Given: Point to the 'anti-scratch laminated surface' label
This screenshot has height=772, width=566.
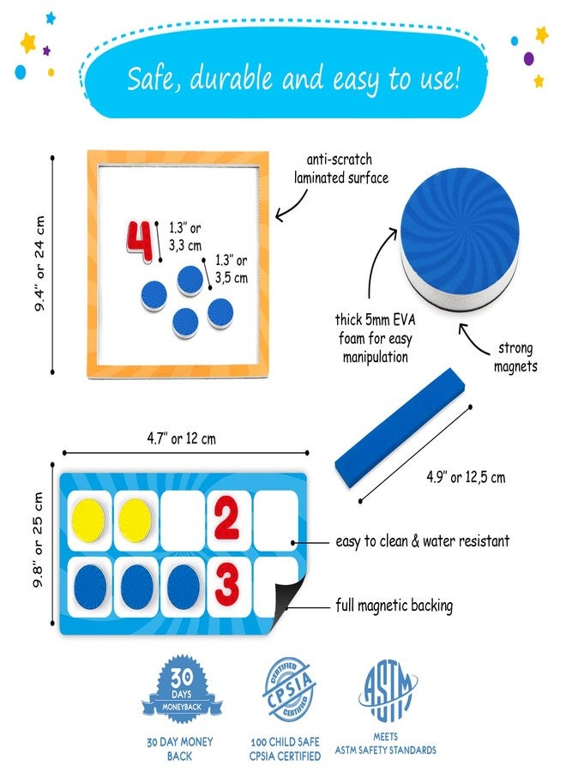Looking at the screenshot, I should pyautogui.click(x=340, y=169).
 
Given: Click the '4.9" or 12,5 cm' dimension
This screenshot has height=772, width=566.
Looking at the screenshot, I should pyautogui.click(x=466, y=477).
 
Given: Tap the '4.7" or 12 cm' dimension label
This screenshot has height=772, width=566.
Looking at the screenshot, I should pyautogui.click(x=183, y=438).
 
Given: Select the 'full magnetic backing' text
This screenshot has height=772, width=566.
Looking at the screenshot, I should pyautogui.click(x=394, y=606).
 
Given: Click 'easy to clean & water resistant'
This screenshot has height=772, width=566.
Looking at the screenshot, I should pyautogui.click(x=422, y=541).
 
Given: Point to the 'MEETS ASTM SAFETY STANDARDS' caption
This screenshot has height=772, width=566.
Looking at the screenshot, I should pyautogui.click(x=394, y=744).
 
